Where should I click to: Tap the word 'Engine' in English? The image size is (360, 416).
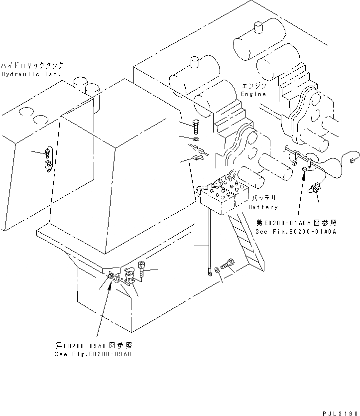coord(253,94)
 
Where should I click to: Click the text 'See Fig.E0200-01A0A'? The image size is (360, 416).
coord(296,231)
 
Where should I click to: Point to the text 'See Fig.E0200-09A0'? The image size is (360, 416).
coord(94,354)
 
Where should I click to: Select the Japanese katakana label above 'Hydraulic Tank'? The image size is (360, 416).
coord(32,66)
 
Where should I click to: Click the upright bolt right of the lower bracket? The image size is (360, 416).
coord(143,270)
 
